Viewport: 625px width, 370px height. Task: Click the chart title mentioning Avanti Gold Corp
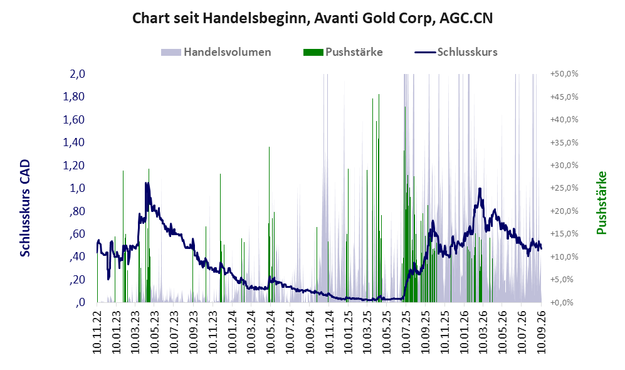pos(312,18)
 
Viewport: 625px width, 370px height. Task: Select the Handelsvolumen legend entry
pos(216,52)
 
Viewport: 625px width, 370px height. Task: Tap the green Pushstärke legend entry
pos(343,52)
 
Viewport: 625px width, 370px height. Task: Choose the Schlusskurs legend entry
pos(456,52)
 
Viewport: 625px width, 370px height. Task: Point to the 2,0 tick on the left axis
pos(77,74)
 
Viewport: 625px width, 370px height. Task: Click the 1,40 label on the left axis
pos(74,142)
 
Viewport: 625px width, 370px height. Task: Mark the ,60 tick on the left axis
pos(77,234)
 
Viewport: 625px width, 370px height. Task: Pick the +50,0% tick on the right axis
pos(564,74)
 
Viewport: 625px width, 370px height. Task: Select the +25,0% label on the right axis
pos(564,188)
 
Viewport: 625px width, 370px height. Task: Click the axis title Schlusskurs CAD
pos(25,208)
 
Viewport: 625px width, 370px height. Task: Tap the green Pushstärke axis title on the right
pos(601,203)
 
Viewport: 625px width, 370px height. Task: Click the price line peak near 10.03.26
pos(480,189)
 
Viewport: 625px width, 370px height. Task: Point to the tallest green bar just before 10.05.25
pos(379,198)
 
